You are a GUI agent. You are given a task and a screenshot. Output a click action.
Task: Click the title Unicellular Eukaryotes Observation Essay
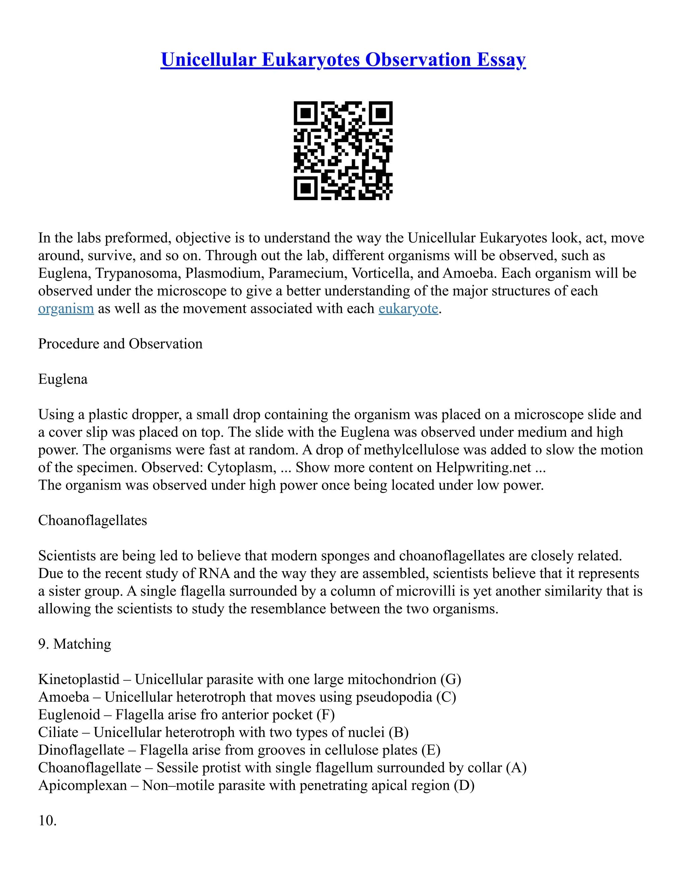click(x=343, y=60)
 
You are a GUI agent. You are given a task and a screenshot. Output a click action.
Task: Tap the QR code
click(x=343, y=150)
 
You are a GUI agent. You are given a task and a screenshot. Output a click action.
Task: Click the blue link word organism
click(x=66, y=309)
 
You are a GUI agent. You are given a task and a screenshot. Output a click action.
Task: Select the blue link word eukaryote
click(x=408, y=309)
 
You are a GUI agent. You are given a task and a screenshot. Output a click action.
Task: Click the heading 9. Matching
click(x=74, y=644)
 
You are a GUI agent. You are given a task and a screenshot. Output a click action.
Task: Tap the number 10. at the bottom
click(x=47, y=821)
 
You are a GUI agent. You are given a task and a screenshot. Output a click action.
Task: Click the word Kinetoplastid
click(x=79, y=680)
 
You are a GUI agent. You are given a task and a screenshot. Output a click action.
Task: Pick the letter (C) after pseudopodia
click(x=446, y=697)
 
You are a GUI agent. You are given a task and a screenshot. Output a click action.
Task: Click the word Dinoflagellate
click(x=81, y=750)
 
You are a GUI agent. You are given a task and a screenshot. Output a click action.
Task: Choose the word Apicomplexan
click(x=82, y=785)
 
